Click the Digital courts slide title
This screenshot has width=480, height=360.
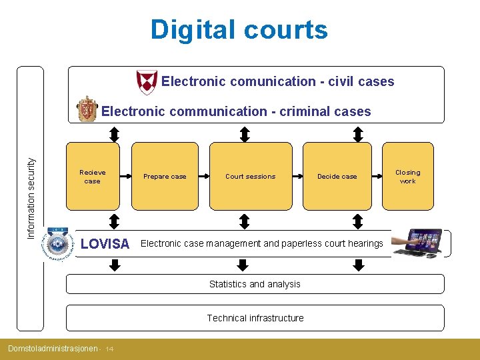tap(239, 30)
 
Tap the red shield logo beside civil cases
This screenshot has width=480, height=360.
tap(146, 82)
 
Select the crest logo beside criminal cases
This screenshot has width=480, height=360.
tap(87, 110)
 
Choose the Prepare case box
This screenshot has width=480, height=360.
tap(165, 177)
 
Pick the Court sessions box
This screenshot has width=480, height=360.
tap(251, 177)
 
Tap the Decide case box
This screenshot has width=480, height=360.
tap(337, 177)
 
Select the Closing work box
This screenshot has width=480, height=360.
tap(407, 177)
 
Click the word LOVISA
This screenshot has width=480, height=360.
tap(105, 244)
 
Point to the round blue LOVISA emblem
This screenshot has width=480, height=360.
tap(59, 243)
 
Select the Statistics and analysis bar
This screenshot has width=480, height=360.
tap(255, 284)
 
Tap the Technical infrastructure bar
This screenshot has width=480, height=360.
tap(255, 318)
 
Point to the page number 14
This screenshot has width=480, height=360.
tap(109, 349)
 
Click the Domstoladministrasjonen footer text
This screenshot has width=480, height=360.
tap(52, 349)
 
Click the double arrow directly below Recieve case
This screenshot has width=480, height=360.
tap(115, 221)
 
